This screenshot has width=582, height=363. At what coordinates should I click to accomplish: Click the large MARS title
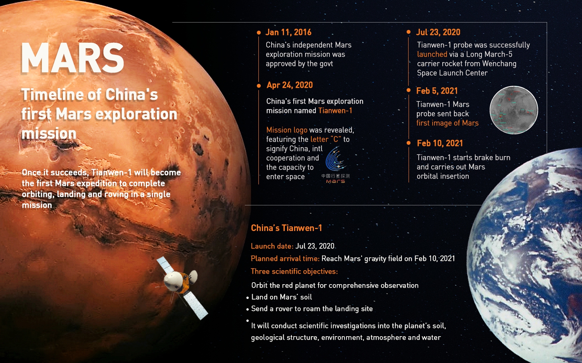pyautogui.click(x=72, y=58)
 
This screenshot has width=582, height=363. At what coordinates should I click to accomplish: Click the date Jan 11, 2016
pyautogui.click(x=288, y=32)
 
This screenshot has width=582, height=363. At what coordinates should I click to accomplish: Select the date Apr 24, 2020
pyautogui.click(x=290, y=85)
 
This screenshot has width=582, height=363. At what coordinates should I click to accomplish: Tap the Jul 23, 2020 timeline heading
pyautogui.click(x=438, y=32)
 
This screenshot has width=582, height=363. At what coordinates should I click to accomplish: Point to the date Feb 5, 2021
pyautogui.click(x=437, y=91)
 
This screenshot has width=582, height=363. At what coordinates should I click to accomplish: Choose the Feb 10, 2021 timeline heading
pyautogui.click(x=440, y=143)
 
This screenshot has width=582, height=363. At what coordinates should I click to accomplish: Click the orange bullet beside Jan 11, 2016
pyautogui.click(x=258, y=33)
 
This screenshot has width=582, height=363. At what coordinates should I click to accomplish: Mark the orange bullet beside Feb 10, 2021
pyautogui.click(x=409, y=143)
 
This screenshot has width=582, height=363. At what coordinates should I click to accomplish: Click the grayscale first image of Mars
pyautogui.click(x=514, y=110)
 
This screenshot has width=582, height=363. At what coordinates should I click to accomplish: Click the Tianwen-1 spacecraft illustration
pyautogui.click(x=182, y=288)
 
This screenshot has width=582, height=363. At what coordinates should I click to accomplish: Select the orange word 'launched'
pyautogui.click(x=432, y=54)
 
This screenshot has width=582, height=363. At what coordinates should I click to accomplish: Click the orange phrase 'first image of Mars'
pyautogui.click(x=447, y=123)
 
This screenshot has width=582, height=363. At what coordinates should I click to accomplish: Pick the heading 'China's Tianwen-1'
pyautogui.click(x=286, y=228)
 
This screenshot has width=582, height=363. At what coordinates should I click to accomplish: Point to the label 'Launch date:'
pyautogui.click(x=272, y=246)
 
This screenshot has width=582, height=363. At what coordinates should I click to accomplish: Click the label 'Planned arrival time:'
pyautogui.click(x=285, y=259)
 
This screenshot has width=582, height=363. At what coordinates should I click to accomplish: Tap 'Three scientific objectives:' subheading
pyautogui.click(x=294, y=271)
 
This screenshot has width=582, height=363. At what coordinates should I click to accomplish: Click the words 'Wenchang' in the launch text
pyautogui.click(x=499, y=64)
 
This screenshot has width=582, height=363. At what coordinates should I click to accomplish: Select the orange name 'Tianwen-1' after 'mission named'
pyautogui.click(x=335, y=111)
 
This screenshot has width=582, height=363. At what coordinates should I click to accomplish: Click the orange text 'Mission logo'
pyautogui.click(x=287, y=130)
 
